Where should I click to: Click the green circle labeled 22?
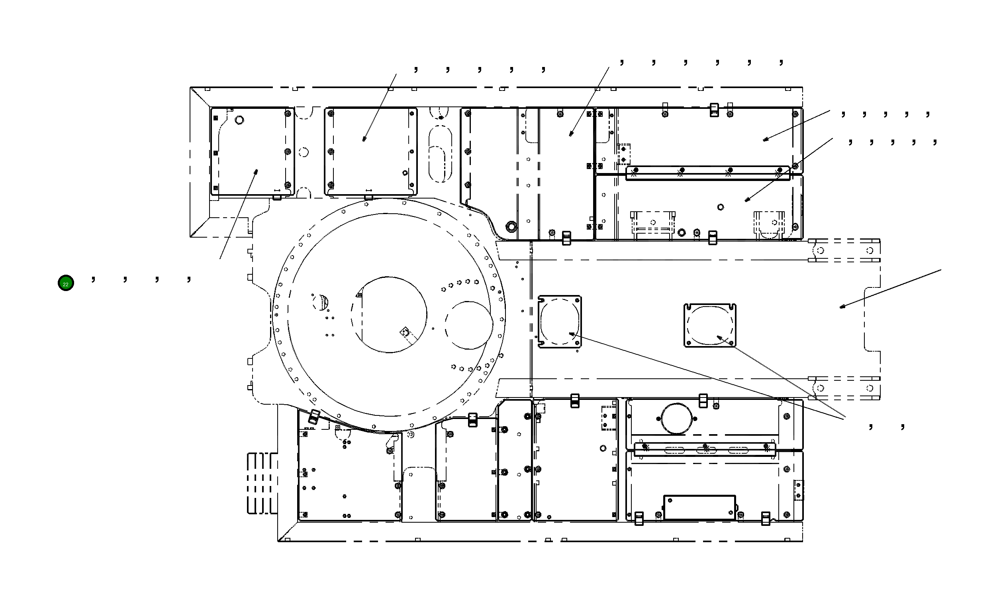coord(66,283)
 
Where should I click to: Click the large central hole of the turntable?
coord(389,315)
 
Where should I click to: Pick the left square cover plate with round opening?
coord(559,322)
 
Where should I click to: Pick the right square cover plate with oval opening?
coord(709,325)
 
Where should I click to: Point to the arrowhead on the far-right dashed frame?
coord(842,307)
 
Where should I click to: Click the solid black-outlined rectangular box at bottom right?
coord(699,507)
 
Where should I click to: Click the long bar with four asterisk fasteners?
coord(707,173)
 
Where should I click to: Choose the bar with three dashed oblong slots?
coord(705,449)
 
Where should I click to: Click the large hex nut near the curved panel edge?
coord(511,226)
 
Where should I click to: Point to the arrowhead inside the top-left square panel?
coord(256,172)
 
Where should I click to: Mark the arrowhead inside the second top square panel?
coord(364,139)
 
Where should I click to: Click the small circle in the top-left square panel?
coord(239,120)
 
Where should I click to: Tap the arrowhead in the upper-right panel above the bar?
coord(765,140)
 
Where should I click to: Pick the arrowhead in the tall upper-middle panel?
coord(571,134)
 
